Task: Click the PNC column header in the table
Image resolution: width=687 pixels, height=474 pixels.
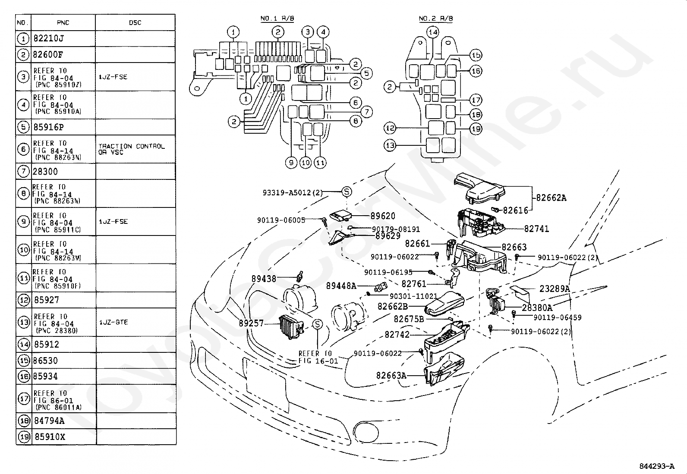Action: [x=63, y=23]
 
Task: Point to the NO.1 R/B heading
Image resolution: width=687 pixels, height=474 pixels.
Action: [x=277, y=19]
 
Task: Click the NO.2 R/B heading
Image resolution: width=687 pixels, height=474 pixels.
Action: [x=436, y=19]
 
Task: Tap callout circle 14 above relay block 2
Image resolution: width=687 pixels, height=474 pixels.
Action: [x=433, y=32]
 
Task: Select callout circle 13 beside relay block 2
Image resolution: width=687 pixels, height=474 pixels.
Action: [x=390, y=145]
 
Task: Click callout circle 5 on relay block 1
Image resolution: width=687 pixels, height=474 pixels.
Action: [x=366, y=73]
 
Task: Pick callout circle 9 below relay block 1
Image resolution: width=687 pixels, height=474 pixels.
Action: [x=291, y=163]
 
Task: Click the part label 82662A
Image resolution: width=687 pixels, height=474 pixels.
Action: [x=551, y=198]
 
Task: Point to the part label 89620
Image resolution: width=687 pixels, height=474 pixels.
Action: [x=383, y=216]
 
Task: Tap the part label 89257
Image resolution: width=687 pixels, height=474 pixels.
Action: [x=251, y=323]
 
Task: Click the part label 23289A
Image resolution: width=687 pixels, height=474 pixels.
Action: [x=555, y=289]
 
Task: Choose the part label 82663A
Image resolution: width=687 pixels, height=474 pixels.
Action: [x=391, y=375]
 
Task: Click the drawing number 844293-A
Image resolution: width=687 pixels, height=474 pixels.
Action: [x=657, y=466]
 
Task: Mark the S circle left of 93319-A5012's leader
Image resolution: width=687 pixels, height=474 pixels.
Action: [x=347, y=191]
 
